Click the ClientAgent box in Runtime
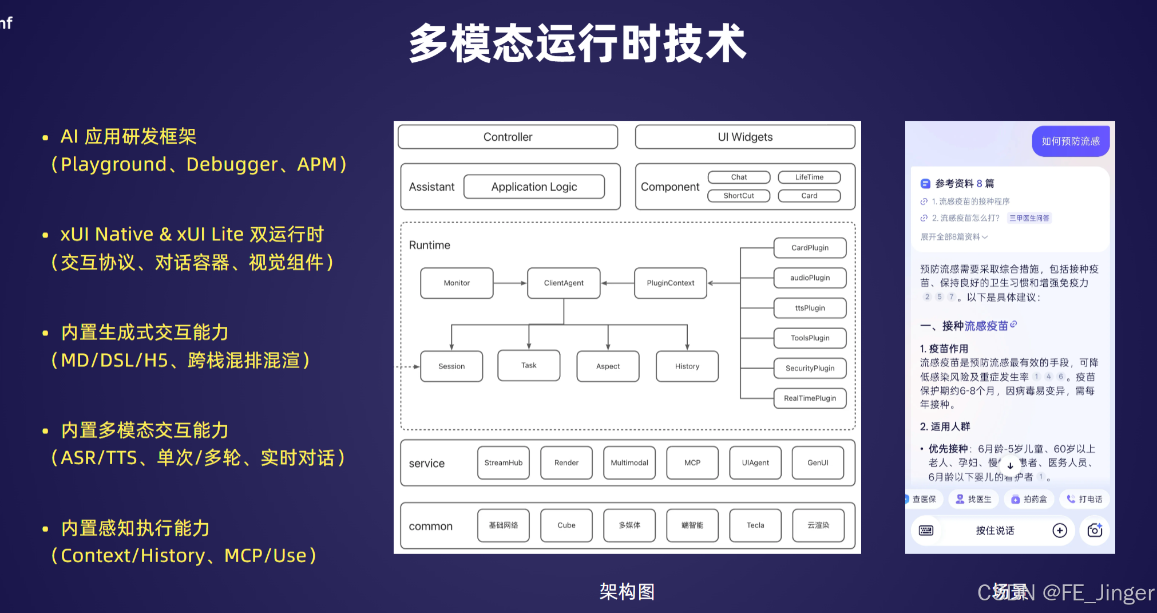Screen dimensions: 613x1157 (564, 283)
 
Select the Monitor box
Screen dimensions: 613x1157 (457, 283)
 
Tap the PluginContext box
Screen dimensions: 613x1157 (670, 283)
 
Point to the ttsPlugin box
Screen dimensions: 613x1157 (810, 308)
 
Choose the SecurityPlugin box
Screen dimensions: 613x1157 (810, 368)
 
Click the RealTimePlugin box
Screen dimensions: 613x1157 (810, 398)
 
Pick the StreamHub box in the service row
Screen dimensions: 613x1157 (503, 462)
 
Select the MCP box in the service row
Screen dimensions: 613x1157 (692, 462)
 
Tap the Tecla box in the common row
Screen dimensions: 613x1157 (755, 525)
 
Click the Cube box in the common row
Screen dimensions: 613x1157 (566, 525)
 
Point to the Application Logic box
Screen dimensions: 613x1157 (534, 187)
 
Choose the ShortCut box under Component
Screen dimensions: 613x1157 (739, 196)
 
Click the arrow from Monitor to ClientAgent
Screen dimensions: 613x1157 (510, 283)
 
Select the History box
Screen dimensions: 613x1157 (687, 366)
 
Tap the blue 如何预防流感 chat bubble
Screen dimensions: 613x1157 (1071, 141)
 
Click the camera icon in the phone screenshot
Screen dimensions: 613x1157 (1095, 531)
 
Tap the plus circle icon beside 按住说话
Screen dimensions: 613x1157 (1060, 531)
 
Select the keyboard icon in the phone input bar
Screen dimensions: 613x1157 (926, 531)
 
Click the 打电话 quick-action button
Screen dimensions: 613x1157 (1084, 499)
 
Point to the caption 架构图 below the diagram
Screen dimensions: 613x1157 (627, 592)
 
